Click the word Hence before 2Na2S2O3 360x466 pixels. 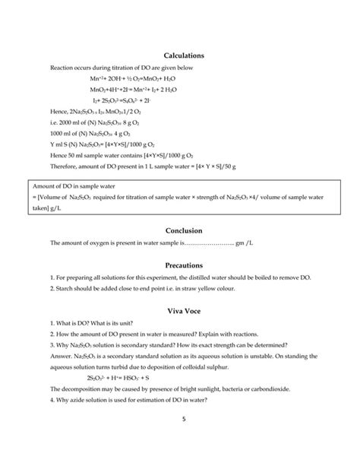(58, 111)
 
